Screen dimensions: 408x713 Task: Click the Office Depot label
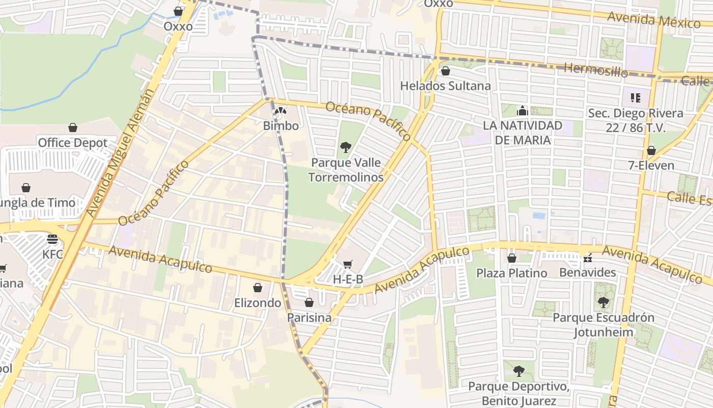[x=73, y=143]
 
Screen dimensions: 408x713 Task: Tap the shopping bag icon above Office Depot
[x=73, y=127]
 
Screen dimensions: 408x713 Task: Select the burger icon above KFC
[x=52, y=239]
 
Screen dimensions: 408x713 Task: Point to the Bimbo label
[x=281, y=125]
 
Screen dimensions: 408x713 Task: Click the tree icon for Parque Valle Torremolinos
[x=346, y=147]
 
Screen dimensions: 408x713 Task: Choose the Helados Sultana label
[x=445, y=86]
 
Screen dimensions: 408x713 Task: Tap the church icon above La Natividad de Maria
[x=523, y=110]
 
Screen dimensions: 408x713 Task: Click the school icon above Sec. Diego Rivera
[x=635, y=97]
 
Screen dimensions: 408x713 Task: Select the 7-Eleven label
[x=651, y=166]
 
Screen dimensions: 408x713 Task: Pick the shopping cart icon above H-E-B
[x=348, y=264]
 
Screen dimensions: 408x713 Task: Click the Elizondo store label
[x=258, y=303]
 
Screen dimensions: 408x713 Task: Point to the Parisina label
[x=309, y=318]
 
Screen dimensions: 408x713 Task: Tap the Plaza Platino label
[x=512, y=273]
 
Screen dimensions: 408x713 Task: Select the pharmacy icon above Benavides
[x=588, y=258]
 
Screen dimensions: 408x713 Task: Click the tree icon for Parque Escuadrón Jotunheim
[x=604, y=302]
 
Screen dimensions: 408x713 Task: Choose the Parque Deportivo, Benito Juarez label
[x=518, y=393]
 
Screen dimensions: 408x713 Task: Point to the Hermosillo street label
[x=596, y=70]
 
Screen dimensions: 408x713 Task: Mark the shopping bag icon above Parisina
[x=309, y=302]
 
